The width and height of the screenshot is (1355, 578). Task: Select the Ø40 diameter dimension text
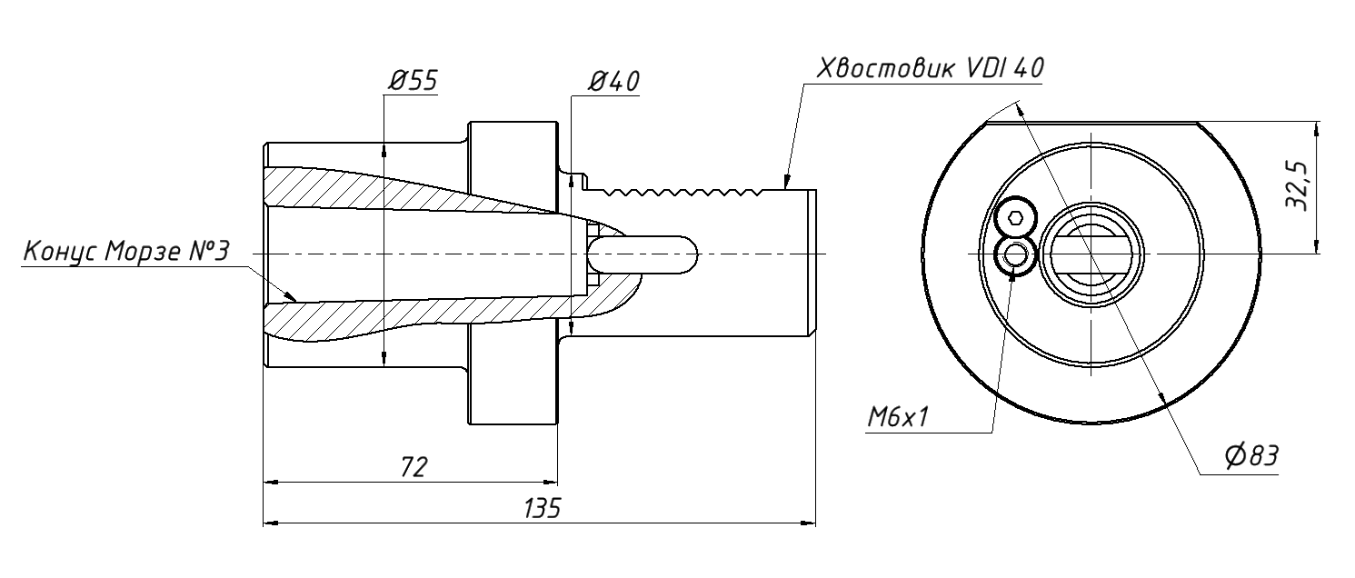(613, 82)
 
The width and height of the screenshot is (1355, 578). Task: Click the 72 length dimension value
(413, 467)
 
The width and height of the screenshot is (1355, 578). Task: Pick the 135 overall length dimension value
(541, 508)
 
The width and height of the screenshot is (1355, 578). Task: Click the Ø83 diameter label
(1250, 457)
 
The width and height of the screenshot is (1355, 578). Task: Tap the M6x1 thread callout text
(898, 417)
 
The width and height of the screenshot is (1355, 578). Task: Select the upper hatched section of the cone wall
(400, 191)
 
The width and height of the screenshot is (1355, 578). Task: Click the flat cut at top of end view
(1091, 122)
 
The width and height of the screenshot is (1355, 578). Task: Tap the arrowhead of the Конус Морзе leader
(293, 296)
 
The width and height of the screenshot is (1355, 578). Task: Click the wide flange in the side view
(512, 273)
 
